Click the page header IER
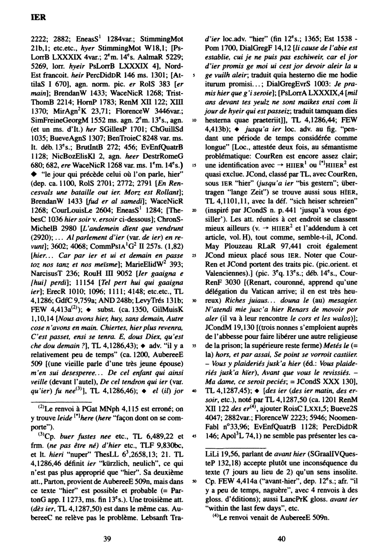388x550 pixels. tap(39, 18)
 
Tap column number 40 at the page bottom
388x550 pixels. tap(282, 538)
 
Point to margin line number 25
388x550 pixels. tap(194, 256)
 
